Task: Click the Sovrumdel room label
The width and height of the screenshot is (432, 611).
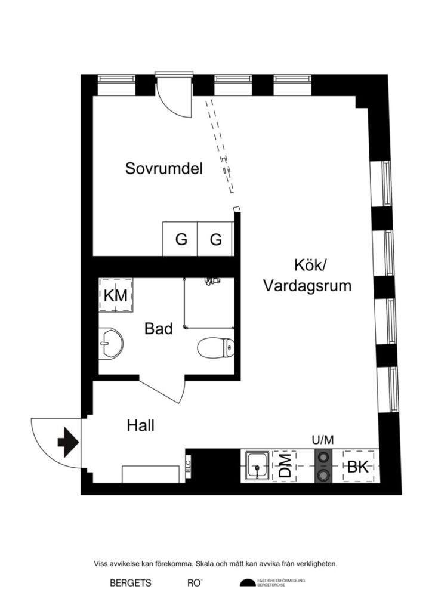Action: coord(164,169)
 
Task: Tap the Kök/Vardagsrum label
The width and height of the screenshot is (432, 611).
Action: coord(307,274)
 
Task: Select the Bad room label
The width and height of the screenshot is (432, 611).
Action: coord(159,328)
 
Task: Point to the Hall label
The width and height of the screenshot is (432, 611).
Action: coord(141,425)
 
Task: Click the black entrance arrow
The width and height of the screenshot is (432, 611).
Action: coord(67,442)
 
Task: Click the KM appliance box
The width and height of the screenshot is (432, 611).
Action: coord(115,295)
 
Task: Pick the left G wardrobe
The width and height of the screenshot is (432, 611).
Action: coord(181,240)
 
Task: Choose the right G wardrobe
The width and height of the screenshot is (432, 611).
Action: coord(215,240)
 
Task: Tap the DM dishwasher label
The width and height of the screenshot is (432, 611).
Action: coord(285,466)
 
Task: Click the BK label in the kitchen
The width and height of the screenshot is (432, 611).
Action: coord(357,467)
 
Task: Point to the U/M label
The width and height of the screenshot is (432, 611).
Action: coord(323,440)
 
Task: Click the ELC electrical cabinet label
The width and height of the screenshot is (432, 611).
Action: coord(187,465)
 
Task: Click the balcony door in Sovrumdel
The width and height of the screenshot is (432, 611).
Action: coord(173,95)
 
